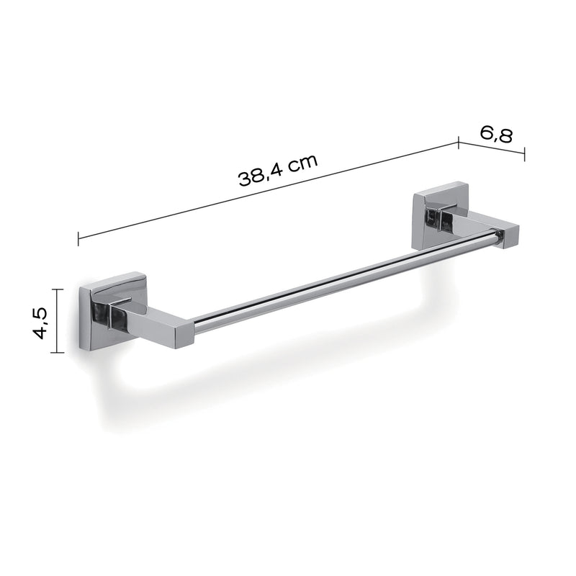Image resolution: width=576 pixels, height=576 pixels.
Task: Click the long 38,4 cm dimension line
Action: (266, 190)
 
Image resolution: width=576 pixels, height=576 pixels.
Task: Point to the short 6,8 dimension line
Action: (492, 151)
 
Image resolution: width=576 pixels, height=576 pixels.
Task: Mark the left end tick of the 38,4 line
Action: (78, 237)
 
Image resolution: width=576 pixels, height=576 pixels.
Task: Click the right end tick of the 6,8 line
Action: (524, 155)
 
